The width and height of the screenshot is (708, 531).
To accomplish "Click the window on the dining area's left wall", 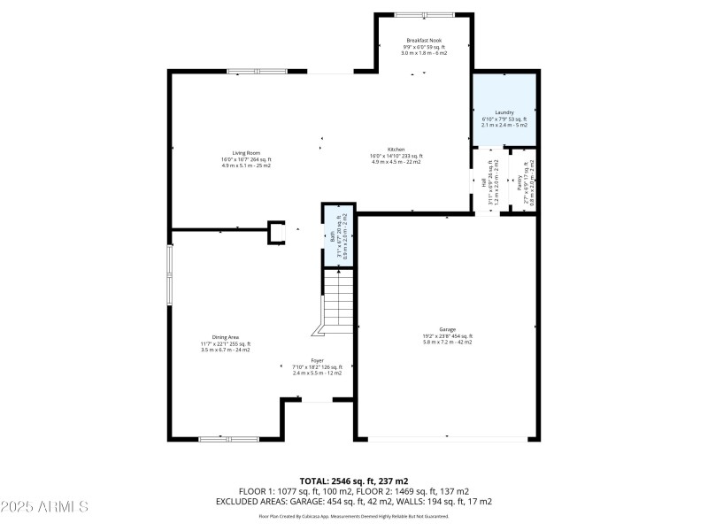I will (x=170, y=274).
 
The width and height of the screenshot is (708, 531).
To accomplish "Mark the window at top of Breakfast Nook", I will (x=423, y=14).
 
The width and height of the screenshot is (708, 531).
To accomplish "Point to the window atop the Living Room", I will (x=256, y=72).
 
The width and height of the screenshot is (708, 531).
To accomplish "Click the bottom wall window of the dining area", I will (x=227, y=438).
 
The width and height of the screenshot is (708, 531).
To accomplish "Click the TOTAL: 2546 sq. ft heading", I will (x=353, y=481).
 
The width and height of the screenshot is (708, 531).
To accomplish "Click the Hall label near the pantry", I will (x=486, y=184).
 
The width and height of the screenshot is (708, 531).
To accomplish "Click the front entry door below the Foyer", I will (x=316, y=401).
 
